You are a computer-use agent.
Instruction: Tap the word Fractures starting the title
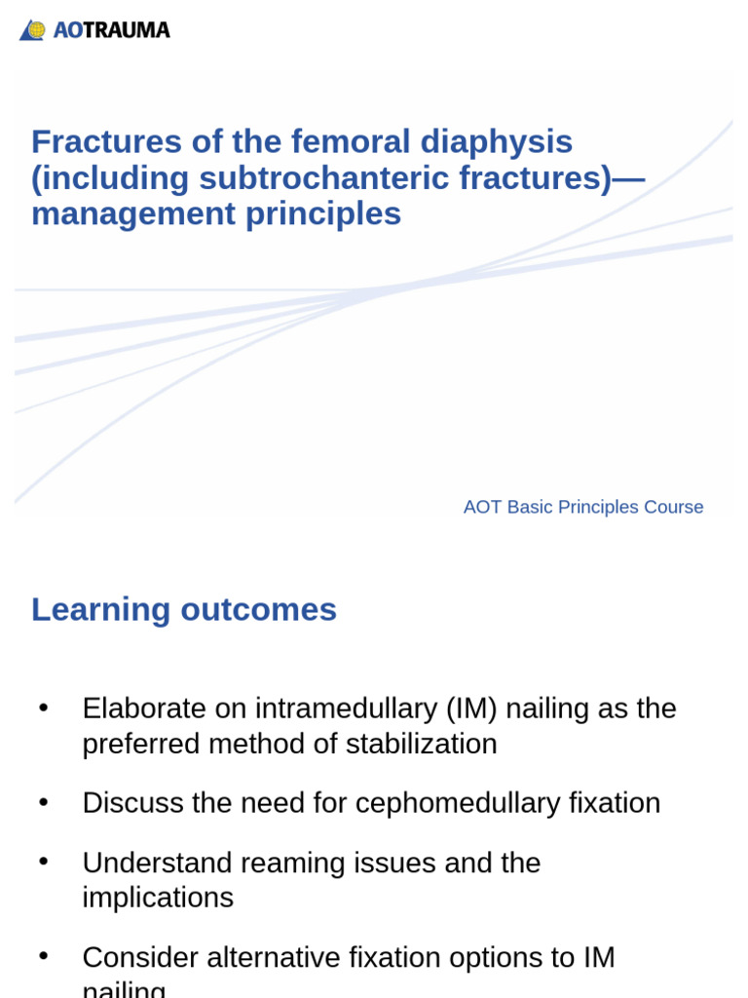point(106,142)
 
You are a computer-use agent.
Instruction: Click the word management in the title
point(133,214)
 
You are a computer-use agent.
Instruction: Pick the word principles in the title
point(323,214)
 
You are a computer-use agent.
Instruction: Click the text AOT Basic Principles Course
point(582,507)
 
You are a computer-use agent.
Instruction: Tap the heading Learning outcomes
point(184,610)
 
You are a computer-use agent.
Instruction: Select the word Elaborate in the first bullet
point(144,709)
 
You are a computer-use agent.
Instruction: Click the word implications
point(158,898)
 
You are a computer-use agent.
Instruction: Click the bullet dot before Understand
point(43,862)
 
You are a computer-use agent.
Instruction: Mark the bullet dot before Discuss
point(43,802)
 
